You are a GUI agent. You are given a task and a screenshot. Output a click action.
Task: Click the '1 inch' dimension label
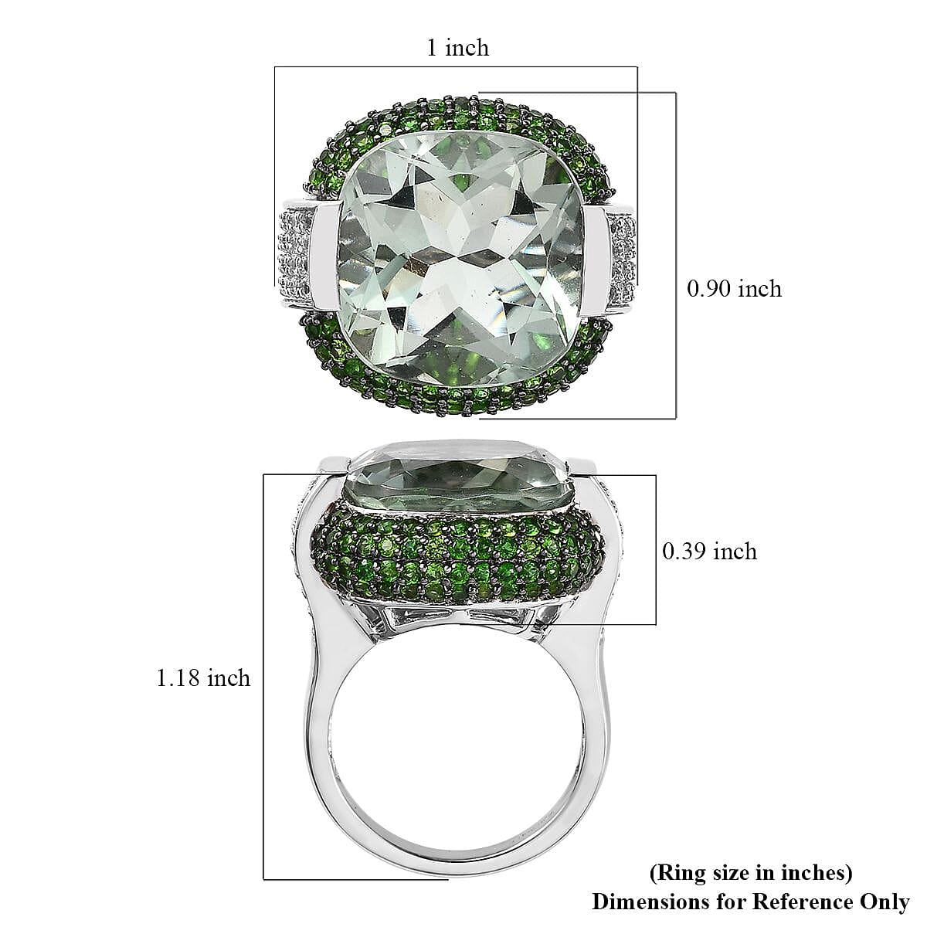[458, 48]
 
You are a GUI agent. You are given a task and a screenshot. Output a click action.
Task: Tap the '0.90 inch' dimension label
[734, 289]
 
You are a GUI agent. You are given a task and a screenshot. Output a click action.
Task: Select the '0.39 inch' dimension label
[709, 551]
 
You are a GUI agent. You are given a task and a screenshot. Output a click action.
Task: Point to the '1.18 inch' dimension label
[203, 678]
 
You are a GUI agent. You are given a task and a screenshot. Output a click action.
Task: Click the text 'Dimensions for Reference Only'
[751, 902]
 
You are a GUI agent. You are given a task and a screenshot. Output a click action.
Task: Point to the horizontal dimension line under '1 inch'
[456, 67]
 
